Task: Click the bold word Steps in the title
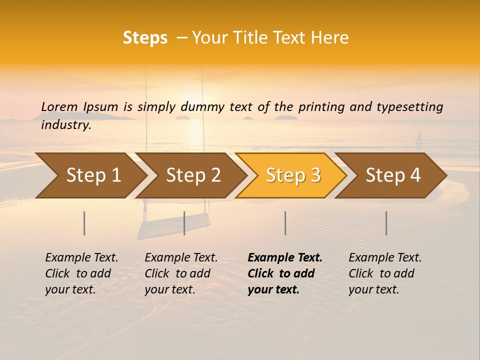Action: (x=145, y=38)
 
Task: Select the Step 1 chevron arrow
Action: (x=90, y=175)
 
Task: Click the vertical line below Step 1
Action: (x=84, y=223)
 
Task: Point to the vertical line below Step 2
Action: (x=184, y=223)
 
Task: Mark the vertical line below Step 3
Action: (x=285, y=223)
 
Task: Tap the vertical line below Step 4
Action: (x=386, y=223)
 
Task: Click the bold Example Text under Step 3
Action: (x=285, y=257)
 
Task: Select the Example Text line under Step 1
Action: (x=81, y=257)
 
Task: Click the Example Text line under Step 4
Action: (x=385, y=257)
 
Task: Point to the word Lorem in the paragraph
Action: (x=59, y=106)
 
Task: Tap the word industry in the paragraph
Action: (x=65, y=125)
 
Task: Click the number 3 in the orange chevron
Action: (x=314, y=175)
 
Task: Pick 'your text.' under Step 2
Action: (x=169, y=289)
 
